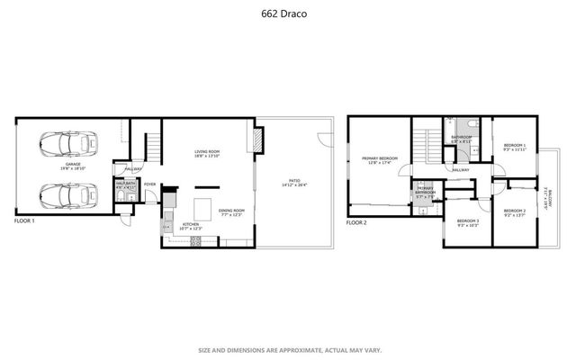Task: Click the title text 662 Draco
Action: point(287,13)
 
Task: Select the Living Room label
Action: point(207,154)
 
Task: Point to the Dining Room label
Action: point(207,212)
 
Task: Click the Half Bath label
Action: point(124,185)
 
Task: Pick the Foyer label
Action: point(149,184)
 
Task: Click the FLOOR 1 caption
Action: point(24,220)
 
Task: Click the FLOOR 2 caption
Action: point(357,221)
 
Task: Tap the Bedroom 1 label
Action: point(515,148)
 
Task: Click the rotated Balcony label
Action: point(545,195)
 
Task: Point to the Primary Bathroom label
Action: point(426,193)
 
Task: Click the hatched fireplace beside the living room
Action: point(258,139)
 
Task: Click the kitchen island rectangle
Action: point(204,202)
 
